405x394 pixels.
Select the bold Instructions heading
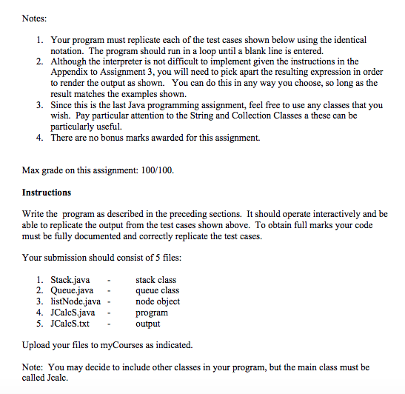point(47,192)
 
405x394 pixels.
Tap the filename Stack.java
point(72,280)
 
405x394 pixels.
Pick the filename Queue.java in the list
point(73,291)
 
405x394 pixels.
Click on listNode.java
point(76,301)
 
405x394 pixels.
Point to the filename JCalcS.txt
point(73,324)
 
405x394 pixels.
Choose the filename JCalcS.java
point(75,313)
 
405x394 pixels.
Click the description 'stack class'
point(155,280)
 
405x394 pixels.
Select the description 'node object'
point(158,301)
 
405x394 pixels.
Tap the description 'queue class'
point(157,291)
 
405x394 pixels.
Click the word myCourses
point(138,345)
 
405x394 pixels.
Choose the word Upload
point(37,345)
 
